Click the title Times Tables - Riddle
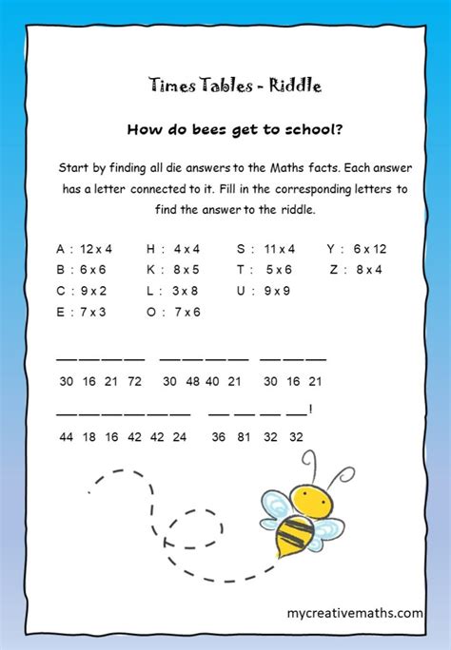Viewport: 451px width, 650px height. click(x=235, y=86)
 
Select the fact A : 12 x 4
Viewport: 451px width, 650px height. click(x=84, y=249)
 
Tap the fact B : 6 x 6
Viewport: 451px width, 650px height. click(x=83, y=269)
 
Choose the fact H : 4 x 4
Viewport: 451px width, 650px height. click(x=172, y=249)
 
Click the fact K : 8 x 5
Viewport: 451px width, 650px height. click(x=172, y=269)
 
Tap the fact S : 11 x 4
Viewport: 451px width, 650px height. click(x=265, y=249)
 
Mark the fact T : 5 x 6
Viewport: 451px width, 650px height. click(x=265, y=269)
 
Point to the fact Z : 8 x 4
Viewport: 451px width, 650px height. click(x=354, y=269)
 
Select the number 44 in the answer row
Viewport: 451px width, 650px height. click(x=66, y=437)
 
